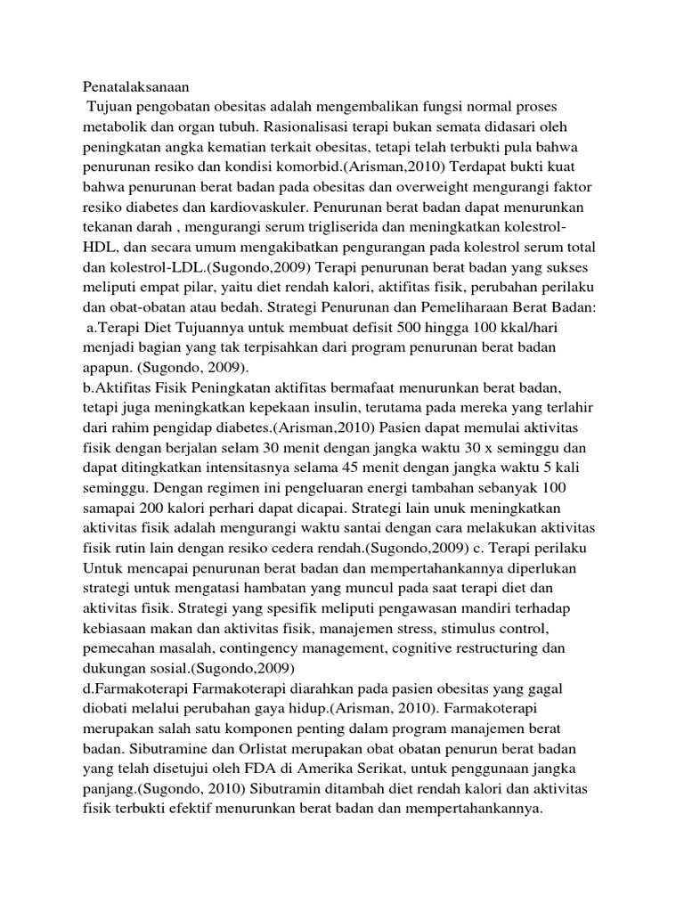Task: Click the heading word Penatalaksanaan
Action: click(x=137, y=88)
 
